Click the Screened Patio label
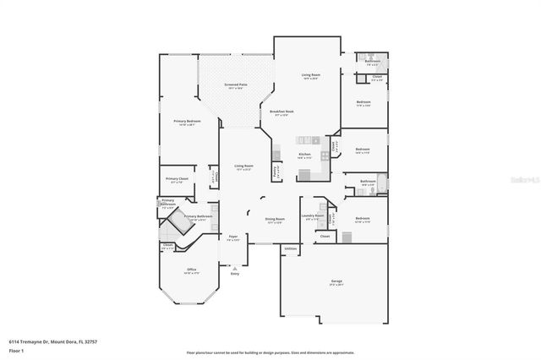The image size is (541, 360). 235,85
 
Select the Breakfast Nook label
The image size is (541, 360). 281,112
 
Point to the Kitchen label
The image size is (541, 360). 304,155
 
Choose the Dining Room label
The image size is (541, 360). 274,221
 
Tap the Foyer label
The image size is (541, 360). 233,237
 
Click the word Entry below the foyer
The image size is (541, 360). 235,274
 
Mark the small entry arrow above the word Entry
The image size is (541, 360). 235,267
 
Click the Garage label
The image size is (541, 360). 335,282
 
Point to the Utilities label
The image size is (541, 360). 290,248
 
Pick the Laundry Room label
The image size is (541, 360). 313,216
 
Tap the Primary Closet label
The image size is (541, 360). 177,180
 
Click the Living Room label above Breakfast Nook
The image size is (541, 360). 310,76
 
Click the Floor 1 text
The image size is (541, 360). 17,349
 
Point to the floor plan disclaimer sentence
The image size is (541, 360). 270,352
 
